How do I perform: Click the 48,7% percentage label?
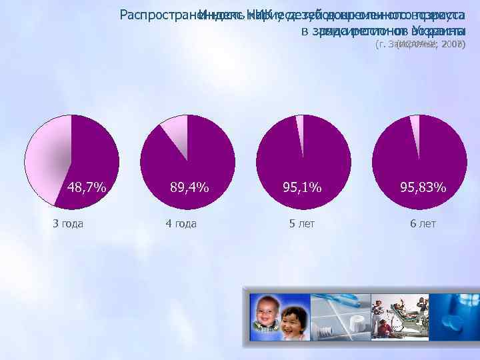pyautogui.click(x=86, y=187)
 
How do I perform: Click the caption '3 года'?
pyautogui.click(x=68, y=223)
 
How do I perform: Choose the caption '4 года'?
pyautogui.click(x=181, y=223)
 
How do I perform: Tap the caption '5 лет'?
pyautogui.click(x=301, y=223)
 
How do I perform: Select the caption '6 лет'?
pyautogui.click(x=423, y=223)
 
